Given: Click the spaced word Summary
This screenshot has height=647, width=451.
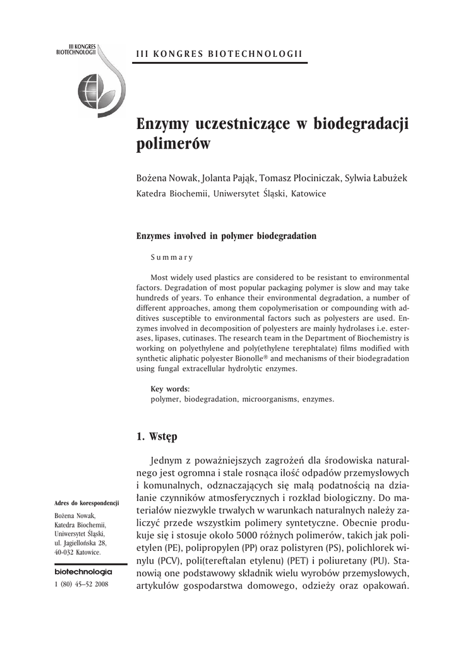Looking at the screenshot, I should [171, 257].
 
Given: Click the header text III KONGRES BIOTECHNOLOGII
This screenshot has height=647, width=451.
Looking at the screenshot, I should [219, 55].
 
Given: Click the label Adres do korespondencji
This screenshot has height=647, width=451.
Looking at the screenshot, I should [87, 503].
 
